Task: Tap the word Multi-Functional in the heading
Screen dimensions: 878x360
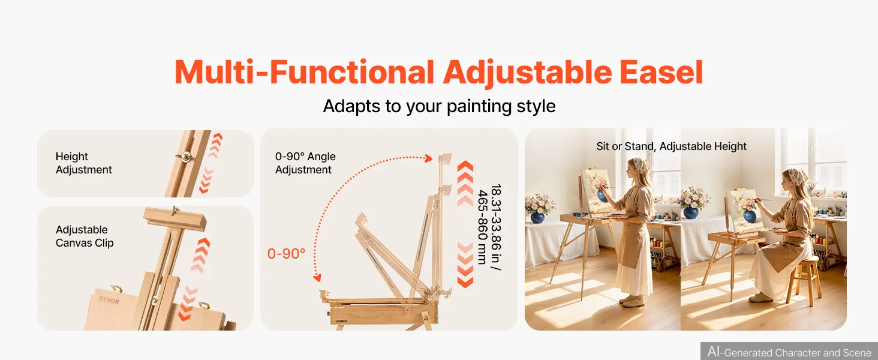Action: coord(304,72)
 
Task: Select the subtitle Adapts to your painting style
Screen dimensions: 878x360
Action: coord(439,106)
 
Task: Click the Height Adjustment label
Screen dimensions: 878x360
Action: coord(83,163)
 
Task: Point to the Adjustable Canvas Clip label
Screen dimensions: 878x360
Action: coord(85,236)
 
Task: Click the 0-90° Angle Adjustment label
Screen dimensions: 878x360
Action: coord(305,163)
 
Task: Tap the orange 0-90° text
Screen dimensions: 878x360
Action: coord(286,254)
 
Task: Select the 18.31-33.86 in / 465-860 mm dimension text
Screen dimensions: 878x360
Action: coord(489,227)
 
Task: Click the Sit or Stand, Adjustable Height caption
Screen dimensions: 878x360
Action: coord(671,146)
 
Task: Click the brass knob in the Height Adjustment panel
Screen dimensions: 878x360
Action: coord(184,157)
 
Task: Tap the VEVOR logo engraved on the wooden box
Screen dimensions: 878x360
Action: coord(109,301)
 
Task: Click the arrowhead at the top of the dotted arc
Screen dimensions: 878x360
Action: coord(429,158)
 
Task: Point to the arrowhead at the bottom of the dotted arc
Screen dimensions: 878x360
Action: coord(317,278)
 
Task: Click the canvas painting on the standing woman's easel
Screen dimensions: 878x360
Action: coord(597,190)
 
